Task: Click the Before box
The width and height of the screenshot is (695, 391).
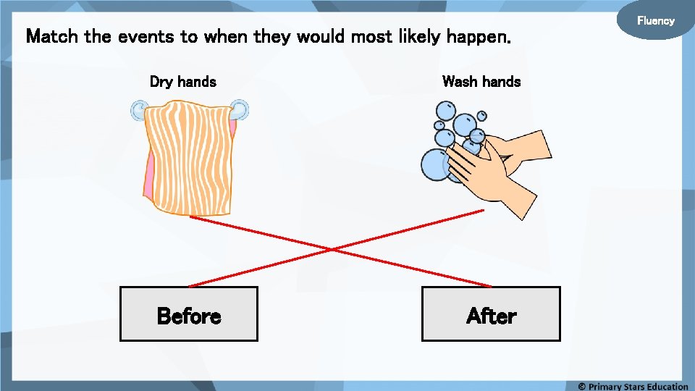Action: point(188,314)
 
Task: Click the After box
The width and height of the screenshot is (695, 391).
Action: point(491,314)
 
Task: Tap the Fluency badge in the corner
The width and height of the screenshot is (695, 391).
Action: point(655,21)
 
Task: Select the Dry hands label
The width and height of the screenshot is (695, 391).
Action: point(182,82)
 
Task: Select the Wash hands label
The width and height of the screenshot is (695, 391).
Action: point(481,82)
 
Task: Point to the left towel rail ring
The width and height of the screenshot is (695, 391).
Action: point(138,111)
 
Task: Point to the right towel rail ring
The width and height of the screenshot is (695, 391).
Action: point(240,110)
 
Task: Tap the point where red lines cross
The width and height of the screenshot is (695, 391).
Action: point(332,250)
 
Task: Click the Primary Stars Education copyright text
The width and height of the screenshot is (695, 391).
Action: point(633,386)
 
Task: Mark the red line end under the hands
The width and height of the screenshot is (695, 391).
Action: point(482,211)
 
